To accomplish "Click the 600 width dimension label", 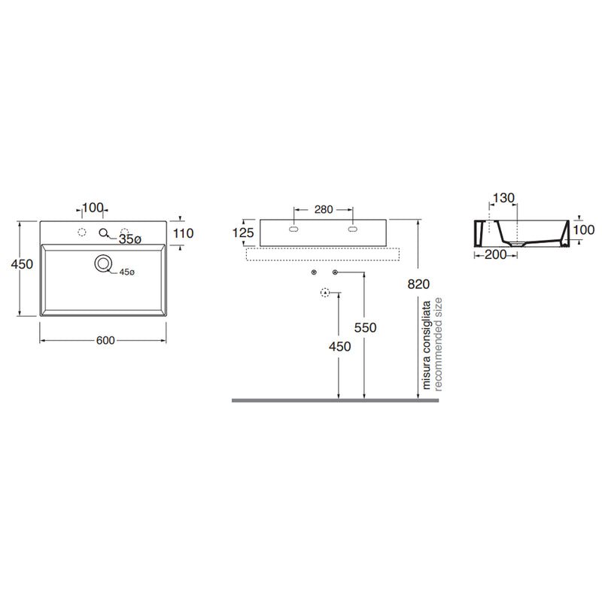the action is click(105, 341).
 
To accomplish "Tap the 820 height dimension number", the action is click(418, 284).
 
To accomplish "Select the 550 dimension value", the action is click(365, 328).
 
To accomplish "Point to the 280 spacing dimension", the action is click(324, 210).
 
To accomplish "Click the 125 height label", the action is click(243, 233).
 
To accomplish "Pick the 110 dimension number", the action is click(183, 233).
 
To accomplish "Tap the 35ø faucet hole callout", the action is click(130, 239).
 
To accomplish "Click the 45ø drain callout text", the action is click(126, 272).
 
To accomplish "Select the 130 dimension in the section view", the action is click(503, 198).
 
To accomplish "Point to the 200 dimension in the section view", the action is click(496, 254).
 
